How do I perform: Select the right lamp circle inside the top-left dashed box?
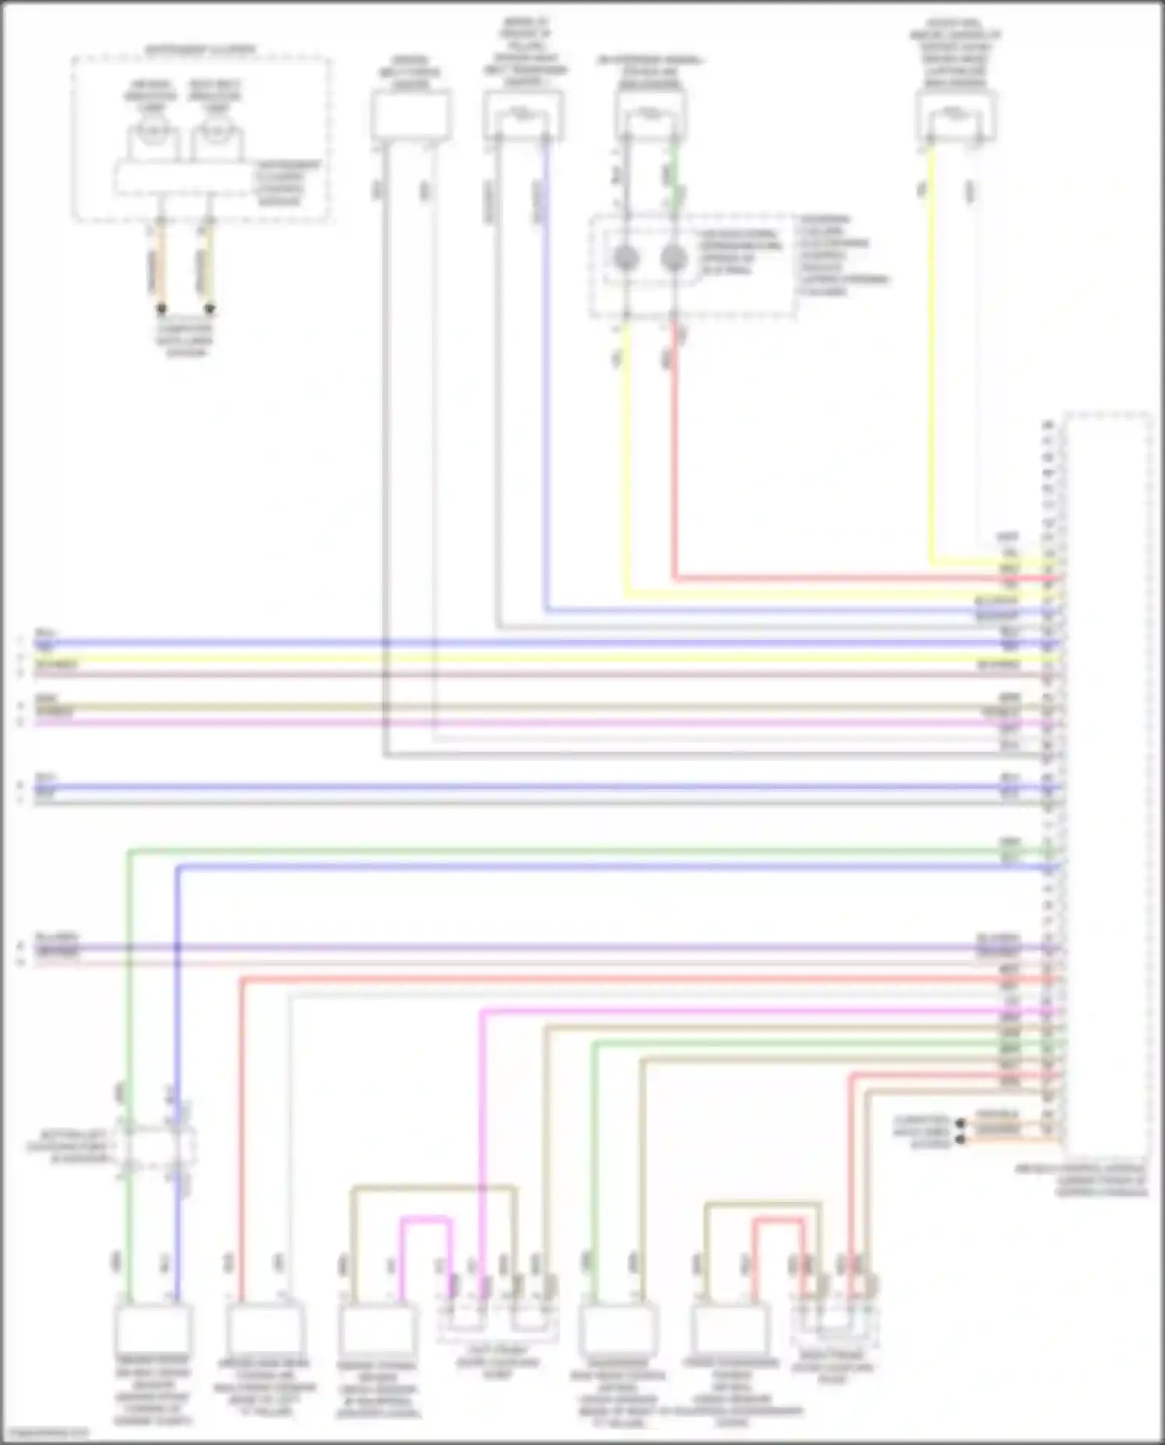[x=217, y=130]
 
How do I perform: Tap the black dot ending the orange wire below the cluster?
[x=162, y=309]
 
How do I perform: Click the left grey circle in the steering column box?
[x=627, y=258]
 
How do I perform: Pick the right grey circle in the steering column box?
[x=673, y=258]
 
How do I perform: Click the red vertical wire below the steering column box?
[x=675, y=450]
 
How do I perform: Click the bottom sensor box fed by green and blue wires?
[x=153, y=1329]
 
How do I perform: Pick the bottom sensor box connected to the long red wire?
[x=265, y=1329]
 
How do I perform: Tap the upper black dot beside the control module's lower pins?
[x=961, y=1124]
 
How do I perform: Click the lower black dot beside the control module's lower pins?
[x=961, y=1140]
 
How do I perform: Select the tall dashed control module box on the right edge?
[x=1107, y=784]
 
